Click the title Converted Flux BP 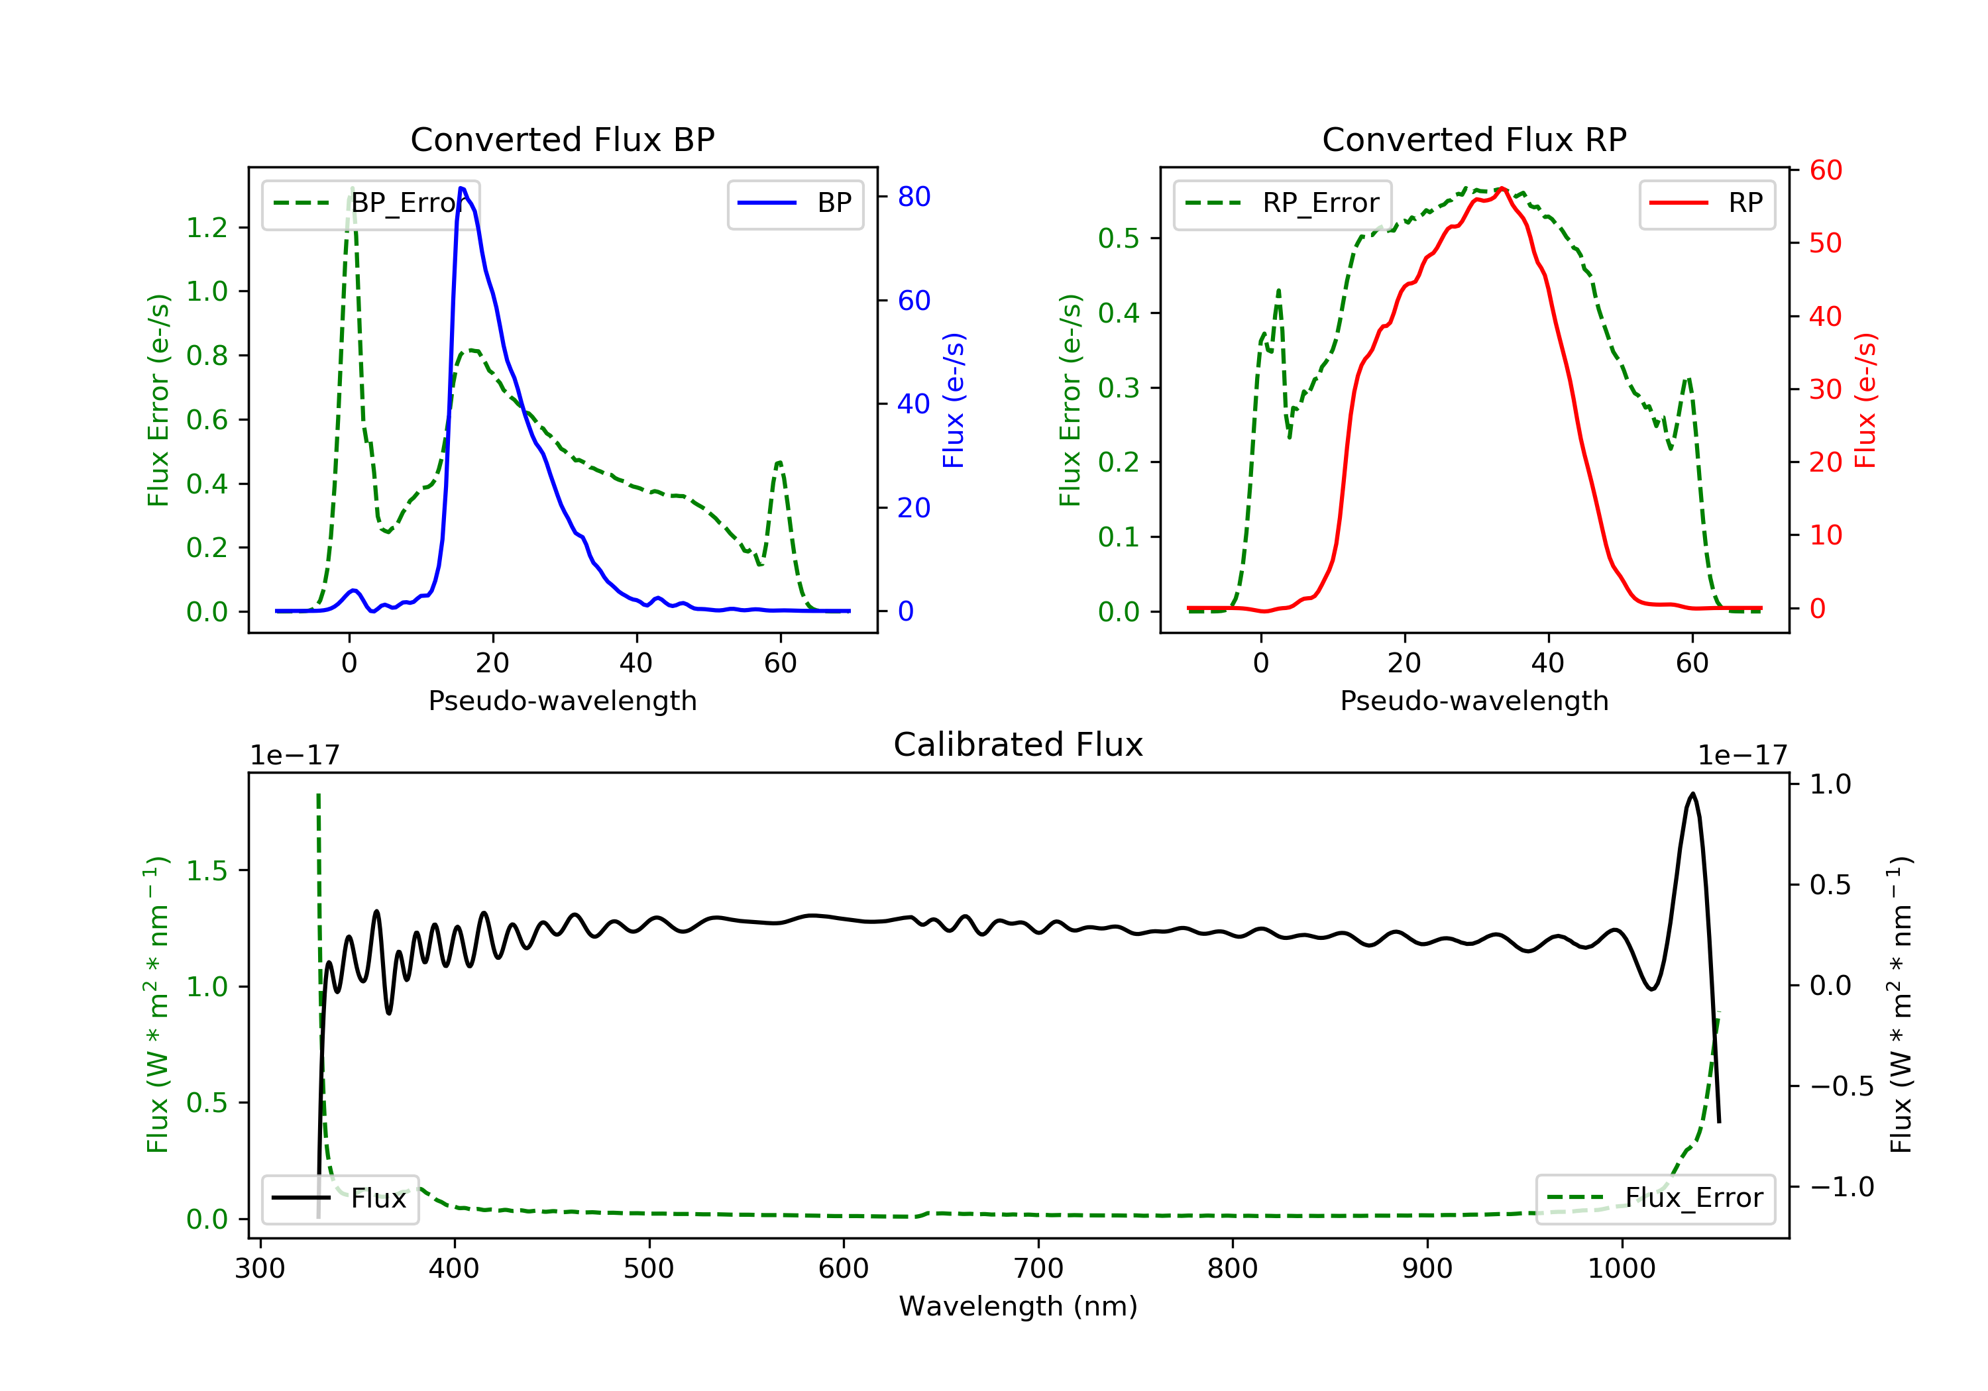pos(562,139)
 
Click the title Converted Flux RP pos(1474,139)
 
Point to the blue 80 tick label pos(913,197)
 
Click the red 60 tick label pos(1825,170)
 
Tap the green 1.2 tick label pos(207,228)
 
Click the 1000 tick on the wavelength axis pos(1621,1269)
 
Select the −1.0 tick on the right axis pos(1841,1187)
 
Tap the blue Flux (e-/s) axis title pos(954,400)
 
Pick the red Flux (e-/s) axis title pos(1865,400)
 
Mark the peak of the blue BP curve pos(461,188)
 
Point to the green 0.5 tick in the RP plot pos(1119,238)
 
